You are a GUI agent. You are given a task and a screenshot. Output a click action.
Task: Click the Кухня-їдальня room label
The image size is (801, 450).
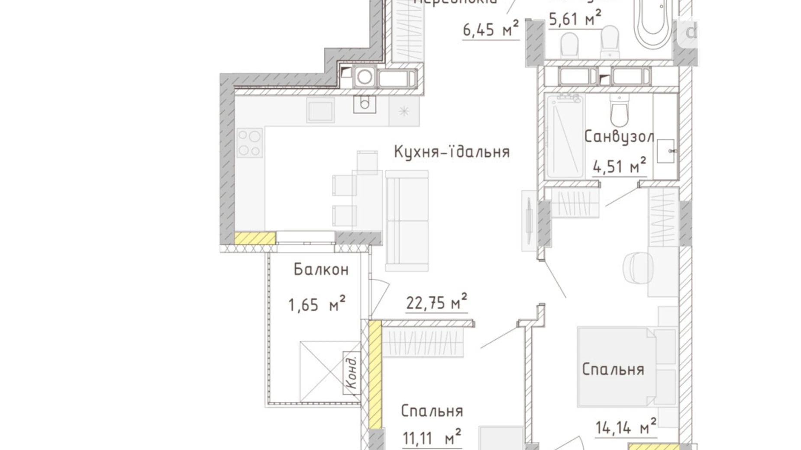click(x=452, y=152)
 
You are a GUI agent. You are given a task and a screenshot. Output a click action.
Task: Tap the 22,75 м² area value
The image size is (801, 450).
click(x=436, y=302)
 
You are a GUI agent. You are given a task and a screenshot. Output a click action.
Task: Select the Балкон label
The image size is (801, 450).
click(x=321, y=270)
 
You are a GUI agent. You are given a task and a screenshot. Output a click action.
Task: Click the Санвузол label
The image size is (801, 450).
click(x=619, y=137)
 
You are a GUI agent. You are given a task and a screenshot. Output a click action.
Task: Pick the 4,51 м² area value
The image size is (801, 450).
click(x=619, y=166)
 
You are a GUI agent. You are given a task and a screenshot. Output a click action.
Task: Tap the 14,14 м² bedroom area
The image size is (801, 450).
click(x=626, y=427)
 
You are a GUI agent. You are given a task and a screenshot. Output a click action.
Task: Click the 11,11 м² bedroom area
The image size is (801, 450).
click(x=432, y=438)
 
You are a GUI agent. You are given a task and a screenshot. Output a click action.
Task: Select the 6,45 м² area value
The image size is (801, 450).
click(x=491, y=29)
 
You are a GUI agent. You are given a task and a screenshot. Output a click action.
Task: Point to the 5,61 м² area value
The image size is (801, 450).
click(x=575, y=19)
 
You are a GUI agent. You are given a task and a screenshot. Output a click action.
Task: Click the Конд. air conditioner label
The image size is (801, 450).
click(x=352, y=373)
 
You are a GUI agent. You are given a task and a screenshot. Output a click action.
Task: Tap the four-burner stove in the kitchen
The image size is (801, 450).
click(x=249, y=143)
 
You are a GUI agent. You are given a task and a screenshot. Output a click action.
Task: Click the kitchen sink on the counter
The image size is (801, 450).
click(x=320, y=110)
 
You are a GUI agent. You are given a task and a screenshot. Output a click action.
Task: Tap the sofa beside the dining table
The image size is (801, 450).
click(x=407, y=221)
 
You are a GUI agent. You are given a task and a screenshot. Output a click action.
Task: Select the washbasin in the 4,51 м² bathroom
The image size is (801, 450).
click(x=665, y=151)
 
